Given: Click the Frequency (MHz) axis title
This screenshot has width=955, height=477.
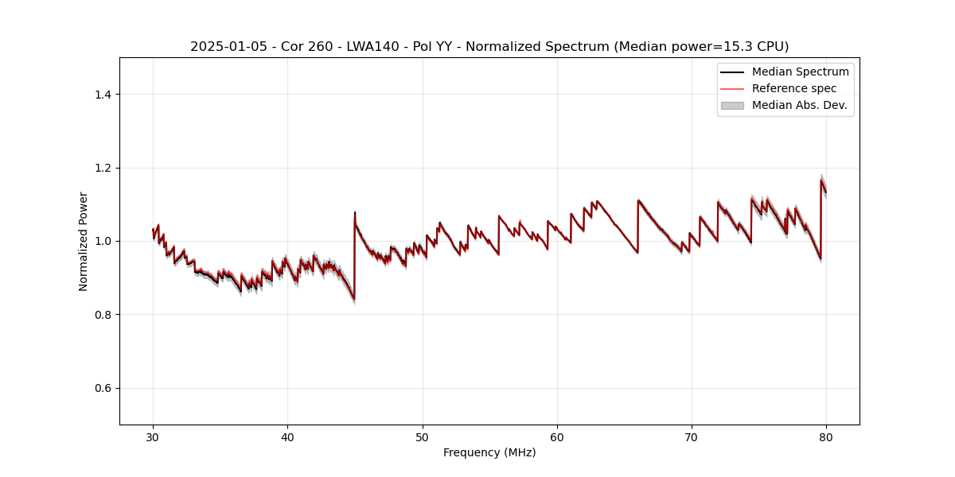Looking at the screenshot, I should [489, 452].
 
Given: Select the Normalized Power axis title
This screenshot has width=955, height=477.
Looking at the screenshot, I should [83, 241].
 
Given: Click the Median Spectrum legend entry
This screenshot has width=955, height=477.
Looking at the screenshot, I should [800, 72].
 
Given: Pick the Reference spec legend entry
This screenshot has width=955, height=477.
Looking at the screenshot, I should [793, 88].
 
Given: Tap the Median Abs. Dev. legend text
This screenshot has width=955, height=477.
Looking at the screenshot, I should [799, 105].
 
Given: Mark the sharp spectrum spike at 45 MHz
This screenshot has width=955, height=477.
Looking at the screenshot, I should [355, 212].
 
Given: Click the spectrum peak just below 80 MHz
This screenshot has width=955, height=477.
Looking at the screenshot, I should [821, 180].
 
